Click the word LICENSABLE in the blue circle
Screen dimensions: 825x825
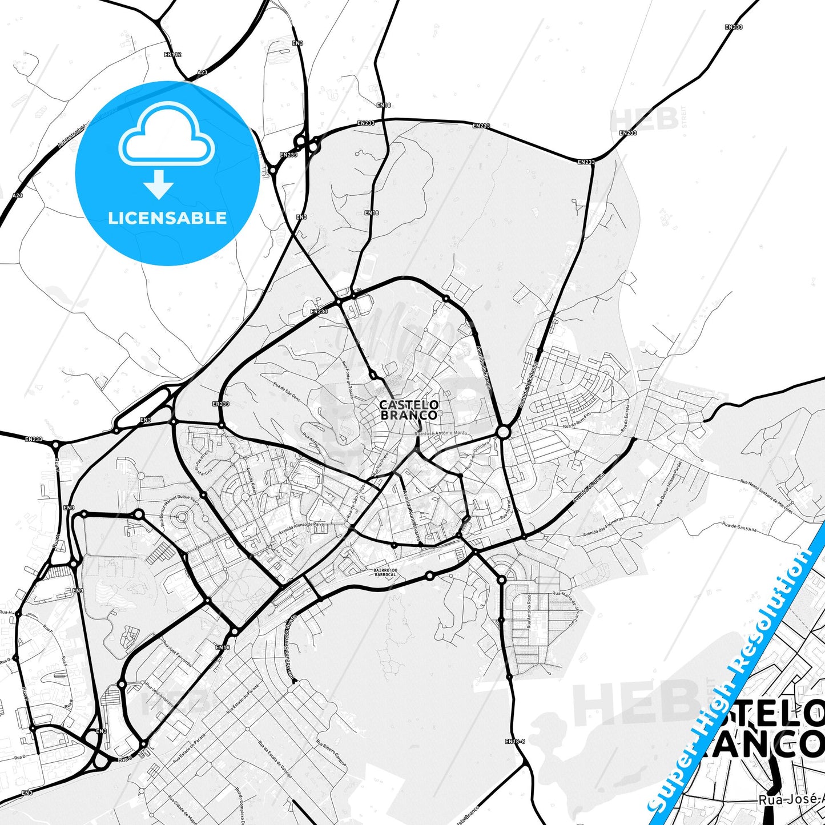[167, 218]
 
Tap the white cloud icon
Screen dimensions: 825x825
[167, 135]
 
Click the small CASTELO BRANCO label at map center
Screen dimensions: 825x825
[409, 410]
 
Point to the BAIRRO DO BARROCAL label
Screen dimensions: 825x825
[384, 572]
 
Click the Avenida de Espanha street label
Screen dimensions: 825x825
[528, 383]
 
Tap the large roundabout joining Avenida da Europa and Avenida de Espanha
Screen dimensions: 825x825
[503, 432]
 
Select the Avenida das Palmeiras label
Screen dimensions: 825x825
[602, 527]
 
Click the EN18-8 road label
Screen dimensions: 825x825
[514, 741]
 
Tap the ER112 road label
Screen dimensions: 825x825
[172, 55]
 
